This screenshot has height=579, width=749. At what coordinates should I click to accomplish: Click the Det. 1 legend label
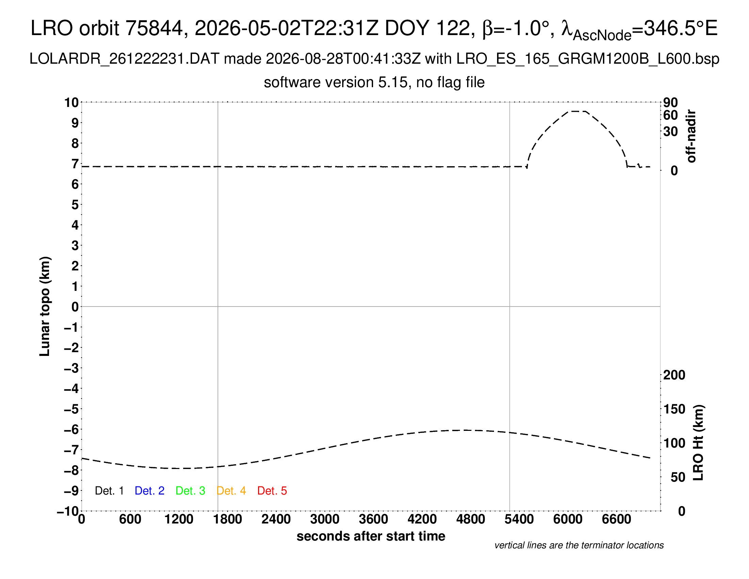click(x=109, y=491)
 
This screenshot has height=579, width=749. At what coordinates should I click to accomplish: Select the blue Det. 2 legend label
click(x=149, y=491)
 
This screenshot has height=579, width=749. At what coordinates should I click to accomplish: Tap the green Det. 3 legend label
click(x=190, y=491)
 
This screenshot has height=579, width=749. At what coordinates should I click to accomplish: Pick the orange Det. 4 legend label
click(x=231, y=491)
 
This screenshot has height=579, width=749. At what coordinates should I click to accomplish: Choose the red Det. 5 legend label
click(x=272, y=491)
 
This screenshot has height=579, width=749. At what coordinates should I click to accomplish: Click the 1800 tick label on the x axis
click(x=227, y=519)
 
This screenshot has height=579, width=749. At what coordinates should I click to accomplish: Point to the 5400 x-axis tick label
click(x=519, y=519)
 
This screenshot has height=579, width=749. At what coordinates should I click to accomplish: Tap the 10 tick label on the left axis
click(x=71, y=102)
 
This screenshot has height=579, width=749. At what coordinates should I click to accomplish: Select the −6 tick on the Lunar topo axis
click(x=71, y=429)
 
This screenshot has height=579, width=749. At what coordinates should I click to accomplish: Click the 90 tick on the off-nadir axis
click(x=670, y=102)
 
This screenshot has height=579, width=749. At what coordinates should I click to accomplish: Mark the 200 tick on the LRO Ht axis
click(x=674, y=375)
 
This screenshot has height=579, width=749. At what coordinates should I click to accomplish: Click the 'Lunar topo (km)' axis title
click(x=45, y=306)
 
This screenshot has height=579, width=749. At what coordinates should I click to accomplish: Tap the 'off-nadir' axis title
click(x=691, y=136)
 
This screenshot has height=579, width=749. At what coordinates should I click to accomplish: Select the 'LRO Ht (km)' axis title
click(x=698, y=443)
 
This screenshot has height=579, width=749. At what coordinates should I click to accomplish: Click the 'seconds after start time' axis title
click(x=371, y=536)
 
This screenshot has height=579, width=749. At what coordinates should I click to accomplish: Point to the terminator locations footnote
click(x=579, y=545)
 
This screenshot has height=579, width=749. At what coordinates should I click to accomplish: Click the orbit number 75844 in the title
click(x=154, y=28)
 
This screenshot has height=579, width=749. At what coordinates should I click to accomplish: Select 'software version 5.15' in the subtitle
click(x=336, y=82)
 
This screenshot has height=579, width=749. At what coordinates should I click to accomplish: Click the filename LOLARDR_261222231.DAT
click(x=125, y=59)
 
